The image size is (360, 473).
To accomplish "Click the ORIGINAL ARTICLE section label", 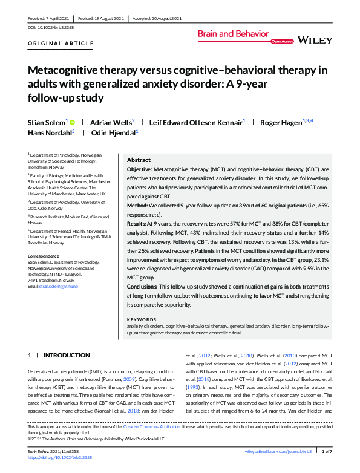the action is (61, 44).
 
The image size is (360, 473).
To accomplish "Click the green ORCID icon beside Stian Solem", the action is (74, 123).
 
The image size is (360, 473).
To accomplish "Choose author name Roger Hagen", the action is (280, 123).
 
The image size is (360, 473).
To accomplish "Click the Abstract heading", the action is (139, 160).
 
